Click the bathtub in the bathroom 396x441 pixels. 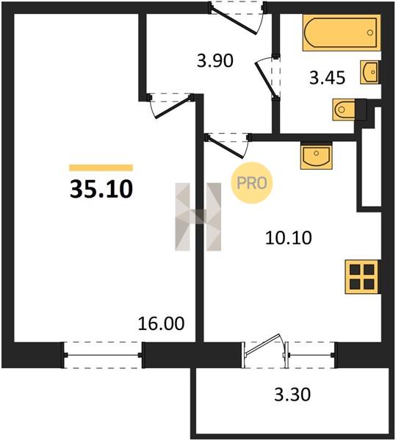[x=342, y=33]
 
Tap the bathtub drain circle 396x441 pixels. [x=370, y=32]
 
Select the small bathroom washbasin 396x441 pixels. [x=370, y=72]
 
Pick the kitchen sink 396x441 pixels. [x=316, y=156]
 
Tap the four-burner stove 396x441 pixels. [x=362, y=277]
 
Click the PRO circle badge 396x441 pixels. [x=252, y=183]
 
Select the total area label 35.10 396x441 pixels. [x=101, y=189]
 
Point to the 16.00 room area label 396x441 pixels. [x=161, y=323]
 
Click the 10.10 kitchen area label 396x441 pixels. [x=288, y=237]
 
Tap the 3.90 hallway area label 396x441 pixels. [x=215, y=60]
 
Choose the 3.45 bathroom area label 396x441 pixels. [x=327, y=78]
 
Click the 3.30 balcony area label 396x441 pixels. [x=292, y=394]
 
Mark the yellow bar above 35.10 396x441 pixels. [x=101, y=168]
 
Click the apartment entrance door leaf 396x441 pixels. [x=234, y=21]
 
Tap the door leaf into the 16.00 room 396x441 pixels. [x=173, y=107]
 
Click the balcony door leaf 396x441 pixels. [x=263, y=344]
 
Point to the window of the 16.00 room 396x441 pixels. [x=102, y=355]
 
